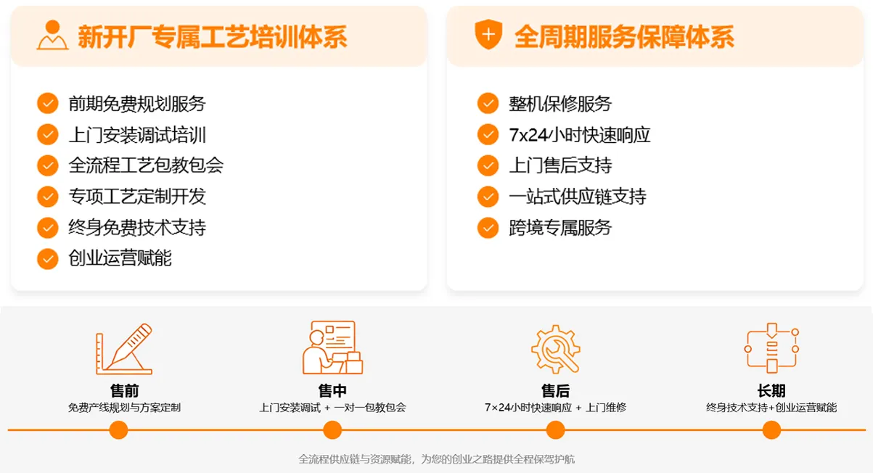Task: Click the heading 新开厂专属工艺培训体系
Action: [x=212, y=36]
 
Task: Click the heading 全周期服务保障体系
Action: [x=623, y=36]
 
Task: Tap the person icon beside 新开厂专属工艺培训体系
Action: [x=52, y=36]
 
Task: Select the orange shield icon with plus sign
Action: [x=488, y=35]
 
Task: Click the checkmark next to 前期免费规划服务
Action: [x=48, y=104]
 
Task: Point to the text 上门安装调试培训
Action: [x=137, y=135]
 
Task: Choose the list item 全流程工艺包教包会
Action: [x=146, y=165]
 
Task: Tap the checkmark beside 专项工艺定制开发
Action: [x=48, y=197]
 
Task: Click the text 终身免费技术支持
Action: [x=137, y=228]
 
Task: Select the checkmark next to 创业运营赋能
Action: [x=48, y=258]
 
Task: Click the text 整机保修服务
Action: [x=560, y=104]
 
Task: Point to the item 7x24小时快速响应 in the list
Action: [x=579, y=135]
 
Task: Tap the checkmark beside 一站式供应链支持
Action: [x=488, y=197]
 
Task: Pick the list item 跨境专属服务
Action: [x=560, y=228]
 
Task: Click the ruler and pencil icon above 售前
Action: [x=124, y=349]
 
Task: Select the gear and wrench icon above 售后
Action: [x=555, y=349]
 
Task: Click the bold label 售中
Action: [x=332, y=391]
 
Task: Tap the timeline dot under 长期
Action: [x=771, y=430]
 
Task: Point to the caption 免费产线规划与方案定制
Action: [x=124, y=408]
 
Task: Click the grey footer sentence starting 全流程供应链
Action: [x=437, y=459]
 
